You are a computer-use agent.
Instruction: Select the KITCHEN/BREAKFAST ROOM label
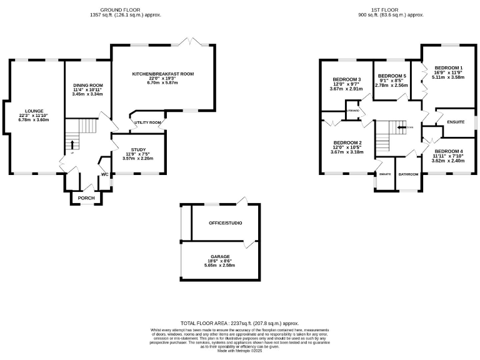coord(162,74)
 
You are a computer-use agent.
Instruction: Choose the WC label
coord(104,174)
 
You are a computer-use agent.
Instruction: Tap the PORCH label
coord(86,198)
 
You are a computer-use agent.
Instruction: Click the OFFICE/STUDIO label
coord(226,223)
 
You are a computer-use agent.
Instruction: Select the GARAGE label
coord(219,256)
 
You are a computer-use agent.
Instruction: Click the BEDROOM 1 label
coord(449,67)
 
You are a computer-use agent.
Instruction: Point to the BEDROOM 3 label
coord(346,80)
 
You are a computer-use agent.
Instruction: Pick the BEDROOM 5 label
coord(392,76)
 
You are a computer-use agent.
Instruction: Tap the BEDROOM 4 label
coord(449,151)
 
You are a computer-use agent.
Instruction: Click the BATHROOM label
coord(408,174)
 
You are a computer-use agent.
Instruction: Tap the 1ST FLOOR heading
coord(384,11)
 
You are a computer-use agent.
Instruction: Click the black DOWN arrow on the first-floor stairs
coord(397,127)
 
